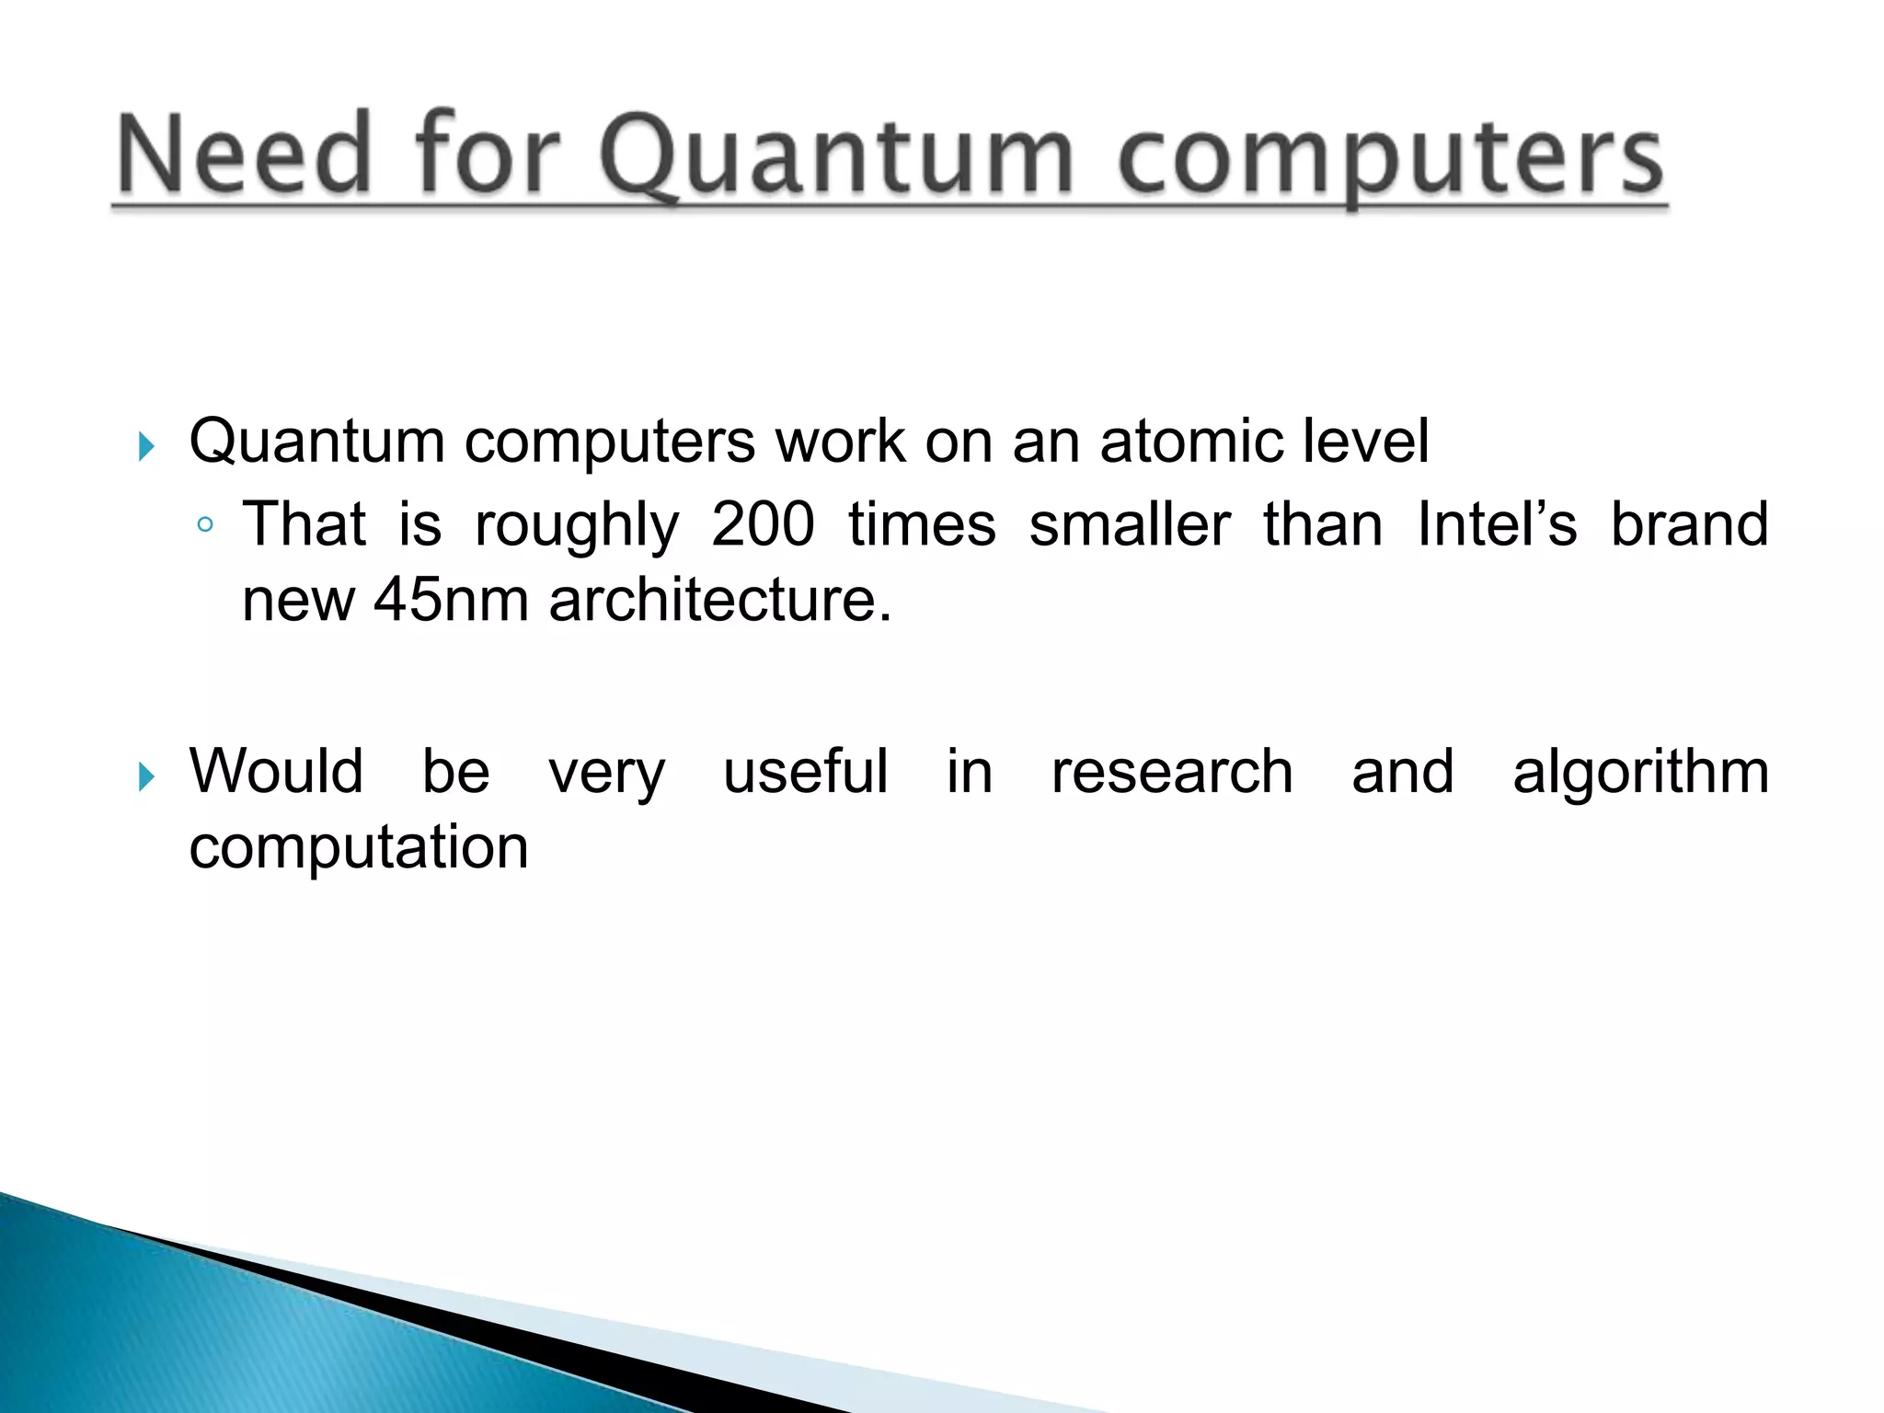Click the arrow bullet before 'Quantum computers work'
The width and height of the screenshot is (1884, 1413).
click(146, 448)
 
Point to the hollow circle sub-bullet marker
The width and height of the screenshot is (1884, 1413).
click(205, 525)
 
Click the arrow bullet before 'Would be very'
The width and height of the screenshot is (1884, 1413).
click(146, 777)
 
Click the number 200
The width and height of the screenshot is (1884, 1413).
click(764, 524)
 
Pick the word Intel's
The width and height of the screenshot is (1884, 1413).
click(1497, 524)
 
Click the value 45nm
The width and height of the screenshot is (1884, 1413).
click(451, 600)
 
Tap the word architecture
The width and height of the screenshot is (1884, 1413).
click(719, 600)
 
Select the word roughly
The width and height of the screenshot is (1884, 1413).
click(577, 527)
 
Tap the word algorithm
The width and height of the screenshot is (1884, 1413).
click(1640, 773)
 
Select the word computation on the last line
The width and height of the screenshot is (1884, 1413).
click(359, 847)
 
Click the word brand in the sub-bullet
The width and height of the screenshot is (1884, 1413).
click(1689, 524)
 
